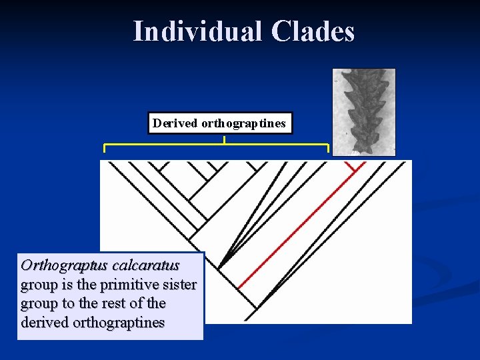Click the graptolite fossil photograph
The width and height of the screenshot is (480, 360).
363,111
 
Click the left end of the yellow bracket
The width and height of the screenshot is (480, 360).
104,147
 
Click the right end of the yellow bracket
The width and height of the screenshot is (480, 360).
328,147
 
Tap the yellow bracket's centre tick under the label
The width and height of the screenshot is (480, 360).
224,140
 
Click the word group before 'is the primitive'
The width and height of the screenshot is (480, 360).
39,285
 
